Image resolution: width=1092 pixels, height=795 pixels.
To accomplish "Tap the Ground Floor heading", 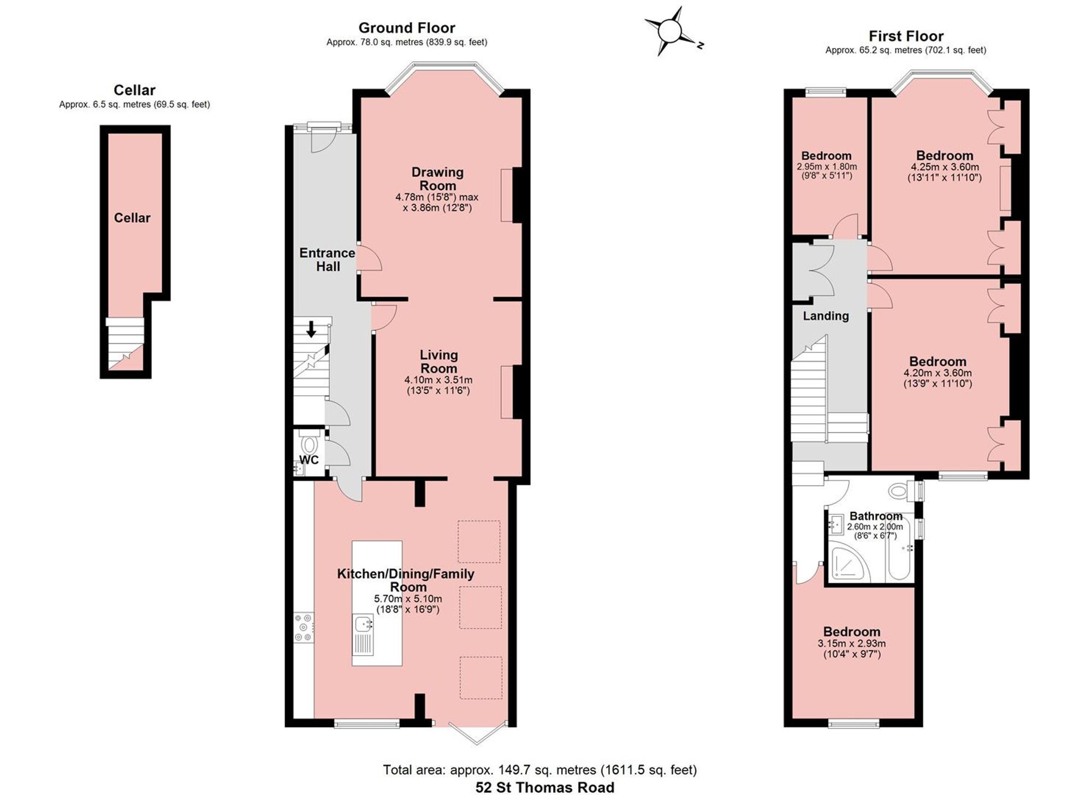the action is [x=407, y=28].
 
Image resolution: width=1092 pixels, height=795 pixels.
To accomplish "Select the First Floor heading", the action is [x=906, y=36].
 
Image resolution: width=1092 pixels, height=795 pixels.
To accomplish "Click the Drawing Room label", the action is [x=437, y=179].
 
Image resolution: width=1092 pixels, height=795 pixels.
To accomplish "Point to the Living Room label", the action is [x=438, y=362].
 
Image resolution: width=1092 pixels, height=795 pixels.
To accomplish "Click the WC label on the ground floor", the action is [x=309, y=460].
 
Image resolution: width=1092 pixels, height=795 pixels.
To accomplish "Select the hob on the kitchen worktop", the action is [x=304, y=627].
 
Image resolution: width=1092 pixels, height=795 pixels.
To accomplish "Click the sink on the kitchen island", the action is [x=364, y=623].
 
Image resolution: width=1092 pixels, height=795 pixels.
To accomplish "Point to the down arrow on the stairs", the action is [x=311, y=329].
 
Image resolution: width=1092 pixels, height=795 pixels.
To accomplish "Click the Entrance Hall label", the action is [x=328, y=260].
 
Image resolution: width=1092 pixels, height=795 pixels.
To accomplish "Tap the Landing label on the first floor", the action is [x=826, y=316].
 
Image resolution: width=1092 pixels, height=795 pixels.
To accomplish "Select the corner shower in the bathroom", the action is [x=847, y=562].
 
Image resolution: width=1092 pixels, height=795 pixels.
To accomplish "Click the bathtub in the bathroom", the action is [x=899, y=560].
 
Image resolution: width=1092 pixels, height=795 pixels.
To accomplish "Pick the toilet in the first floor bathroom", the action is [x=901, y=490].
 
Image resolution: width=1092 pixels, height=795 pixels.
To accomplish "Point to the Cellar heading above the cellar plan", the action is [x=134, y=90].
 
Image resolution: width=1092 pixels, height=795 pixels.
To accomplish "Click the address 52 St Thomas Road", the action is [x=545, y=787].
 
